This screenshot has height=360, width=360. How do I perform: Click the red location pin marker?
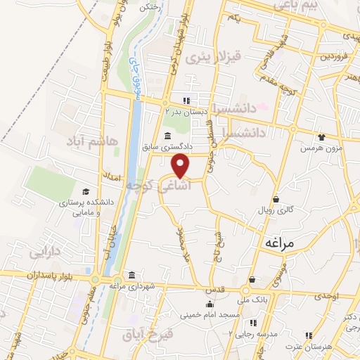coord(181,165)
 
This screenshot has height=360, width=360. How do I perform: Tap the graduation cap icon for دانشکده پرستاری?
coord(86,192)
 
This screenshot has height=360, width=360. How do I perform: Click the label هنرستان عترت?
coord(308,347)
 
